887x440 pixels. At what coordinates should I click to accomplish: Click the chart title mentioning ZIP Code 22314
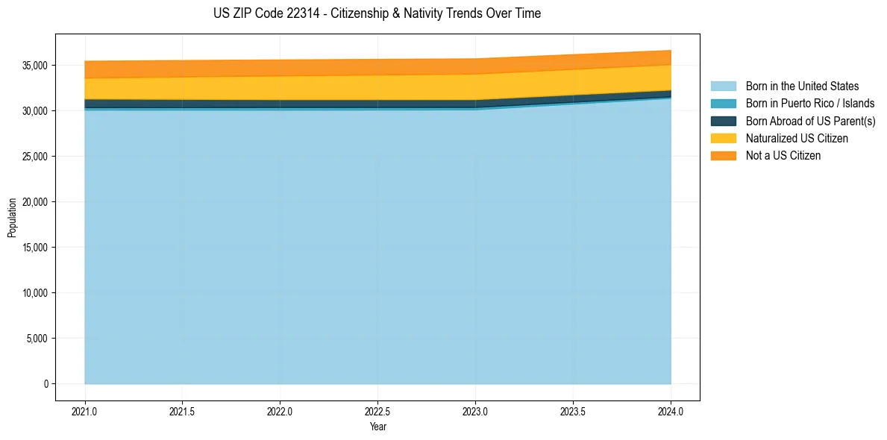pyautogui.click(x=377, y=13)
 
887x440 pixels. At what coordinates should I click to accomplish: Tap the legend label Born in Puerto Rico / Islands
pyautogui.click(x=809, y=104)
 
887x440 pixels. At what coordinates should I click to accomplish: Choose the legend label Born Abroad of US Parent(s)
pyautogui.click(x=810, y=121)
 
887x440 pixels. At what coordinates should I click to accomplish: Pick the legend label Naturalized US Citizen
pyautogui.click(x=797, y=138)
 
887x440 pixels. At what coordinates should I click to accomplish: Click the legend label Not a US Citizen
pyautogui.click(x=783, y=155)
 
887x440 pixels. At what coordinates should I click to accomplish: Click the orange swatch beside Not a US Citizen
pyautogui.click(x=723, y=155)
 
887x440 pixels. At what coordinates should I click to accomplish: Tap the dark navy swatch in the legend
pyautogui.click(x=723, y=121)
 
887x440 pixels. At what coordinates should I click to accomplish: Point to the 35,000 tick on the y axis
pyautogui.click(x=35, y=66)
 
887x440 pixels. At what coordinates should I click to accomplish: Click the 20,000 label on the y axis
pyautogui.click(x=35, y=202)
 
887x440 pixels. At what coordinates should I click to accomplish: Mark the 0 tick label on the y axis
pyautogui.click(x=46, y=384)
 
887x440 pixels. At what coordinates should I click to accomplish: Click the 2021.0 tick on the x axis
pyautogui.click(x=84, y=411)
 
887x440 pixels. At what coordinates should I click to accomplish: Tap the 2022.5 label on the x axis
pyautogui.click(x=377, y=411)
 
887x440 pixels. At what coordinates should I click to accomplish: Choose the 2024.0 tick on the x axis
pyautogui.click(x=671, y=411)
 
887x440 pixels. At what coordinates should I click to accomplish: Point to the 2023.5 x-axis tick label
pyautogui.click(x=573, y=411)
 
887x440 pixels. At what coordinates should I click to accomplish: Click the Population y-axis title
pyautogui.click(x=12, y=218)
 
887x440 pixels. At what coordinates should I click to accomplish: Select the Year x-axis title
pyautogui.click(x=377, y=427)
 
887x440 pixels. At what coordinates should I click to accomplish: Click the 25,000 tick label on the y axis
pyautogui.click(x=35, y=157)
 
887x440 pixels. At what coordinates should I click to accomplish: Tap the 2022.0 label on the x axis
pyautogui.click(x=280, y=411)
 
